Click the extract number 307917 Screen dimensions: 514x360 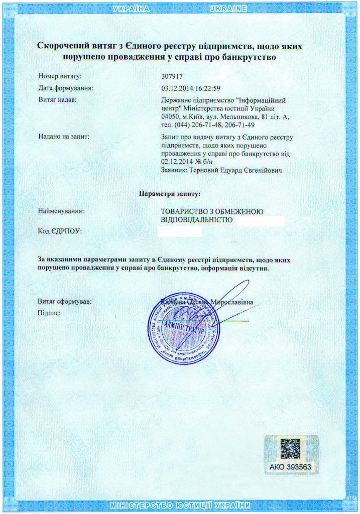click(172, 77)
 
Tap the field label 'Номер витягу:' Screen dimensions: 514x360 click(60, 77)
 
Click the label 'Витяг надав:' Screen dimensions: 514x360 click(57, 100)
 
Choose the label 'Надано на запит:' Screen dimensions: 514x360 click(63, 137)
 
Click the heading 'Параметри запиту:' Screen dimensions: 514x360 click(170, 193)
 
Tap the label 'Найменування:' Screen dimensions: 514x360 click(61, 211)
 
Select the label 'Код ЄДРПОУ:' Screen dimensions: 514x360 click(59, 231)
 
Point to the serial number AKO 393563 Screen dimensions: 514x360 click(291, 467)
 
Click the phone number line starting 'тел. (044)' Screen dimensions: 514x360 click(208, 124)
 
